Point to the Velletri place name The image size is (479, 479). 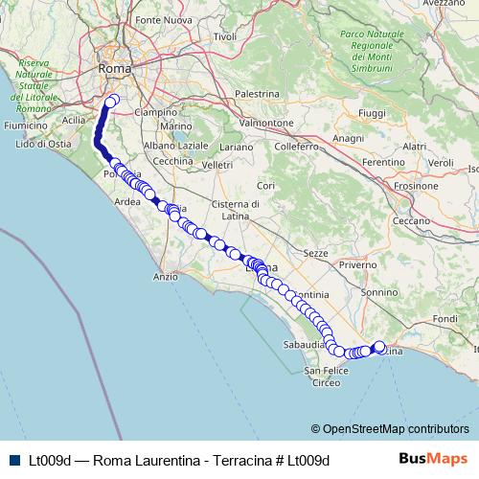(217, 165)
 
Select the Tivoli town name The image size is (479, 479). (225, 36)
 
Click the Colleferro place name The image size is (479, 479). (295, 147)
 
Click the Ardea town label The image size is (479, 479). (127, 202)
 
